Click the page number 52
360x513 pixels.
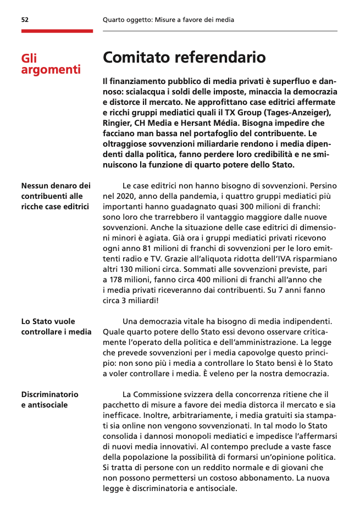pyautogui.click(x=25, y=20)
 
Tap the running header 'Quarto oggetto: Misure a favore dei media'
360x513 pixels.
pyautogui.click(x=168, y=20)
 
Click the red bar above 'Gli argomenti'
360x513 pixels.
pyautogui.click(x=57, y=31)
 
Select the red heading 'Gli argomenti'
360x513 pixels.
pyautogui.click(x=51, y=64)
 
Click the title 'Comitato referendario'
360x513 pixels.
pyautogui.click(x=184, y=57)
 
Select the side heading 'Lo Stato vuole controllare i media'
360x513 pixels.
pyautogui.click(x=56, y=327)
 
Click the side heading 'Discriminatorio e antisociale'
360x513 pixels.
pyautogui.click(x=49, y=399)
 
